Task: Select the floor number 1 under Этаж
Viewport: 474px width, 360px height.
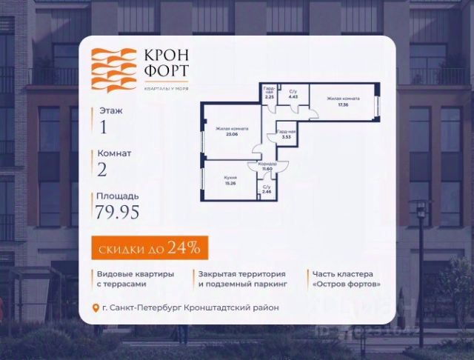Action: point(103,127)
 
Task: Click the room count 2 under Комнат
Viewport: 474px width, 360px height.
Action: point(102,170)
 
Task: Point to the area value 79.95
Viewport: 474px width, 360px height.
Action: point(117,213)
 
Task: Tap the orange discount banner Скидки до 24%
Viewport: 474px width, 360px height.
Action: point(150,245)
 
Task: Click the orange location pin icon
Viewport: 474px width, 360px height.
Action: point(94,308)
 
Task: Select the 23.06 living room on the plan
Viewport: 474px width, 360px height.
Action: point(231,132)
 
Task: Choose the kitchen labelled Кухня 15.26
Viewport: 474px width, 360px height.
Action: point(230,180)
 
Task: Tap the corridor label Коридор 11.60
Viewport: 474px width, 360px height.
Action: point(267,166)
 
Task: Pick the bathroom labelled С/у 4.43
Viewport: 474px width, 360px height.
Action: point(293,93)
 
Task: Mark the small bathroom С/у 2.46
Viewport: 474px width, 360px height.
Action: point(267,190)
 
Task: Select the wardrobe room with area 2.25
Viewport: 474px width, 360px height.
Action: point(270,94)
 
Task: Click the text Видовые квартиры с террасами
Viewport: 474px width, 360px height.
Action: point(136,279)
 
